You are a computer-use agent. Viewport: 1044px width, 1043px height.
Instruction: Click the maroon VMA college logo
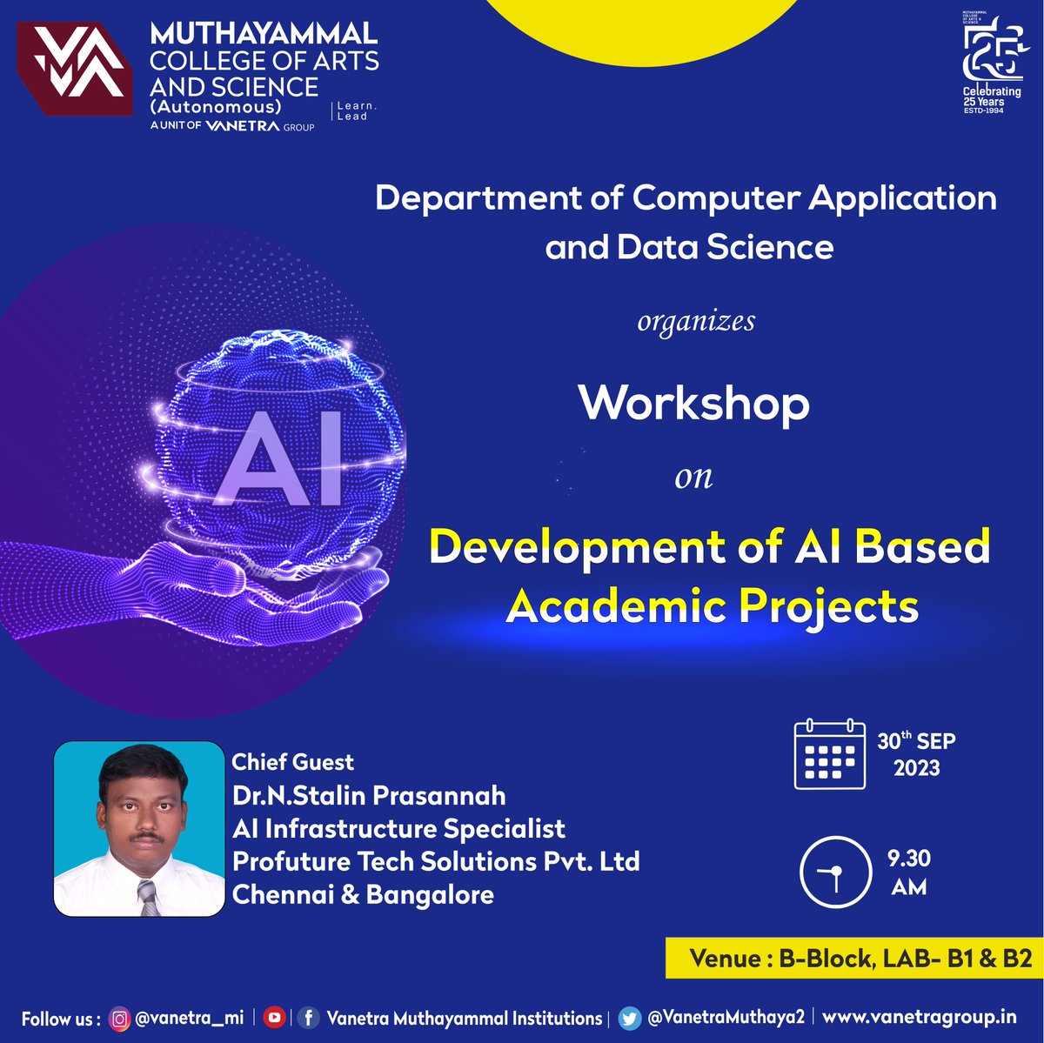click(x=75, y=69)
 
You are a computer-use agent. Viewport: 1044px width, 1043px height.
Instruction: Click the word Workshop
click(x=694, y=403)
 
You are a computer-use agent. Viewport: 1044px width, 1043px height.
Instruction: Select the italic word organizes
click(x=696, y=322)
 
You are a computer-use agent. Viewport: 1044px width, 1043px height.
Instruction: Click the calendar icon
click(x=829, y=754)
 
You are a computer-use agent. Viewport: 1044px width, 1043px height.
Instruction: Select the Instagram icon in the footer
click(x=119, y=1018)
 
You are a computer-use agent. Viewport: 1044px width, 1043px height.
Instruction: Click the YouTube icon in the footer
click(x=274, y=1017)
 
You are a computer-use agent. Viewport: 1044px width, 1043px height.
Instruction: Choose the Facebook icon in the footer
click(x=308, y=1017)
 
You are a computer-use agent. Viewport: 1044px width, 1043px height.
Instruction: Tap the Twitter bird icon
click(x=629, y=1017)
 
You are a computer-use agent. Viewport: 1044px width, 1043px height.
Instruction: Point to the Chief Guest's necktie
click(x=149, y=897)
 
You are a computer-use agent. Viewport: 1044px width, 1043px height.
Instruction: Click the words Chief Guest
click(x=292, y=762)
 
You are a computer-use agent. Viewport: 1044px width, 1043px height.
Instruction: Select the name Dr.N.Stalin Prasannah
click(x=369, y=795)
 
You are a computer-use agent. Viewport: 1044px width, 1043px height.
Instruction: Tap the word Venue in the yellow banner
click(x=725, y=958)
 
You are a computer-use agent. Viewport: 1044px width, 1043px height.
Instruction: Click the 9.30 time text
click(x=909, y=859)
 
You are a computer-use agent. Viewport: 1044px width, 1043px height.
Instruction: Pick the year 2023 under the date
click(x=916, y=767)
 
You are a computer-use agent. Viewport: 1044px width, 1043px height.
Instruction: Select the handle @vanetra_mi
click(x=189, y=1018)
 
